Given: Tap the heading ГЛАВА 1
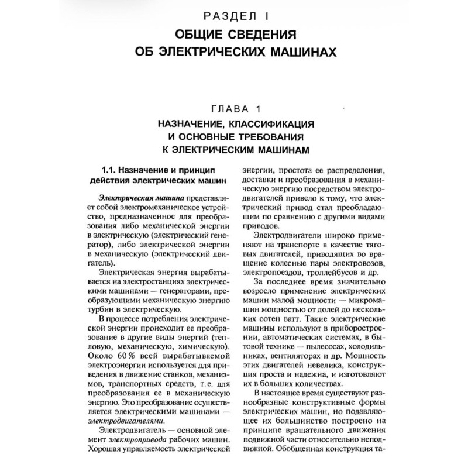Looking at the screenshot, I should click(233, 108).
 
